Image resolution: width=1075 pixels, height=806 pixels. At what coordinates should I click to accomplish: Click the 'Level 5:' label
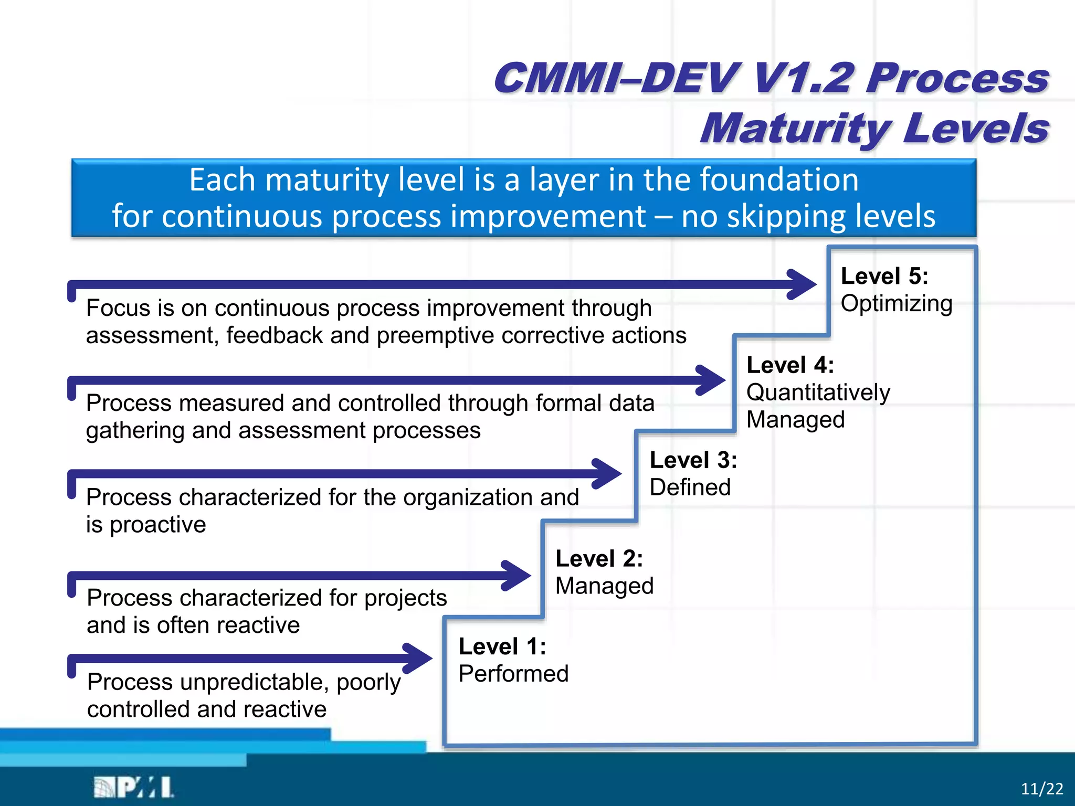[x=884, y=277]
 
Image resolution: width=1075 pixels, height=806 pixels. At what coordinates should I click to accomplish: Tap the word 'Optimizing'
[x=897, y=304]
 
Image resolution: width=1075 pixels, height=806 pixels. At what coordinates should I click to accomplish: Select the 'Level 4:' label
[x=790, y=365]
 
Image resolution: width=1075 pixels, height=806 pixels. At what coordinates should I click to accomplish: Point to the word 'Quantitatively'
[x=818, y=393]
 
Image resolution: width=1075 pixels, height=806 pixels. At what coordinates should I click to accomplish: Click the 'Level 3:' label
[x=693, y=460]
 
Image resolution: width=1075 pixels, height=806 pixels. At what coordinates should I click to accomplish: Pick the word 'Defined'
[x=690, y=487]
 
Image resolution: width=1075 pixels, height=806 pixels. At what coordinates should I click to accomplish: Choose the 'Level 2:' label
[x=599, y=559]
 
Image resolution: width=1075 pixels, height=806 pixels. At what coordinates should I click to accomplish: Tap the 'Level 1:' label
[x=502, y=646]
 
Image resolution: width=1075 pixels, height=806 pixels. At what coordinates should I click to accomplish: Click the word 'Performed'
[x=513, y=674]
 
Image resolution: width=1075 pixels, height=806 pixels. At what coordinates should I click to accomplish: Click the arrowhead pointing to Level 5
[x=803, y=284]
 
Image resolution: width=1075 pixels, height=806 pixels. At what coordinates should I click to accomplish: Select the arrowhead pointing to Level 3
[x=608, y=473]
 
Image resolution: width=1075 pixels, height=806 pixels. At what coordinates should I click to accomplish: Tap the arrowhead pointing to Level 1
[x=419, y=658]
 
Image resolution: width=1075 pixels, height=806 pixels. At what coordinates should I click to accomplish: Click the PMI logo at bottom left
[x=134, y=787]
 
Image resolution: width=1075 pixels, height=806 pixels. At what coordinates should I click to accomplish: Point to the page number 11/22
[x=1041, y=789]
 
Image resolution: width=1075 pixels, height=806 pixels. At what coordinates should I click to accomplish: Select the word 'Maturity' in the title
[x=795, y=129]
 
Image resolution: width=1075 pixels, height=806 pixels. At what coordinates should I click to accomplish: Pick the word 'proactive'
[x=157, y=525]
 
